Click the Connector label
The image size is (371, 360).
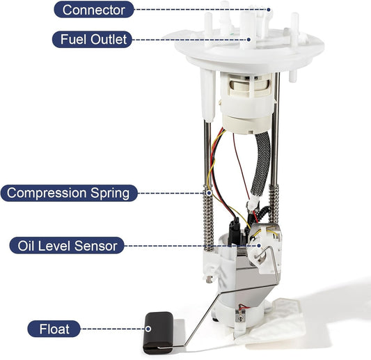(94, 10)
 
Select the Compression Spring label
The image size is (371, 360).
(68, 192)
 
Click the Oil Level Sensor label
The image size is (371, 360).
(68, 245)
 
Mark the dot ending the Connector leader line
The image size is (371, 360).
(268, 10)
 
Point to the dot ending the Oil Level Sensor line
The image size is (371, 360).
(258, 245)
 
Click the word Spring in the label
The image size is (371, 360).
(109, 192)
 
